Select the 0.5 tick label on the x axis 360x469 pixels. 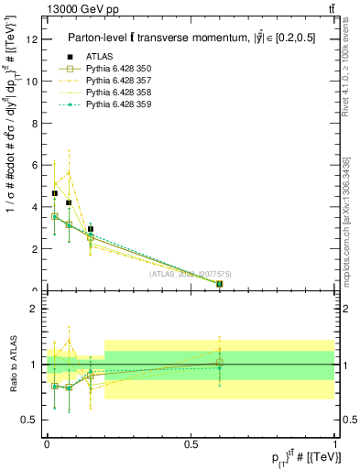191,443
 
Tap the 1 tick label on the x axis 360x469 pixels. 335,443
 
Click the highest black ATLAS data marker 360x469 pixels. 55,193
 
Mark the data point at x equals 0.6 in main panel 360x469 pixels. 220,284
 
